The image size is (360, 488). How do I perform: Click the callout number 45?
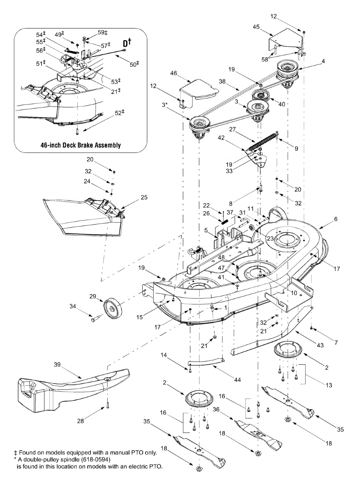pyautogui.click(x=256, y=27)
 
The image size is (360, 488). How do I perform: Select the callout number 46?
pyautogui.click(x=173, y=73)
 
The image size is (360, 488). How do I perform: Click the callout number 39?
pyautogui.click(x=57, y=365)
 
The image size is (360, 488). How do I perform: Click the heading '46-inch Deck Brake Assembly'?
pyautogui.click(x=80, y=145)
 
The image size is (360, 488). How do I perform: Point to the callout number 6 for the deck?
pyautogui.click(x=335, y=218)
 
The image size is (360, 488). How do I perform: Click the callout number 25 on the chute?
pyautogui.click(x=144, y=198)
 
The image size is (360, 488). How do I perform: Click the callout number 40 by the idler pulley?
pyautogui.click(x=282, y=104)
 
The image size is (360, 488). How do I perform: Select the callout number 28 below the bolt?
pyautogui.click(x=81, y=421)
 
